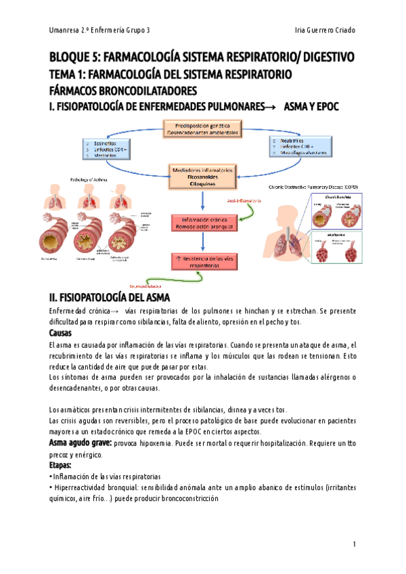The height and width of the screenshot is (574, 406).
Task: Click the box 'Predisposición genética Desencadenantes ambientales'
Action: click(x=201, y=129)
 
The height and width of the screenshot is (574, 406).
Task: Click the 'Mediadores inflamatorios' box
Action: click(x=202, y=176)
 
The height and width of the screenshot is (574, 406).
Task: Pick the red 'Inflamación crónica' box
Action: click(x=201, y=223)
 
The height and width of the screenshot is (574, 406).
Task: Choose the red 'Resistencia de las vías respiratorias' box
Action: click(x=200, y=263)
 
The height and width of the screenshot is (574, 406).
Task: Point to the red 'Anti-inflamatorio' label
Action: click(x=245, y=202)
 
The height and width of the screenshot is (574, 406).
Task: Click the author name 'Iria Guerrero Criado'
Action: click(x=325, y=30)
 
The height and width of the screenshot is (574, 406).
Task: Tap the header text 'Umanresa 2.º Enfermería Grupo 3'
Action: click(x=100, y=30)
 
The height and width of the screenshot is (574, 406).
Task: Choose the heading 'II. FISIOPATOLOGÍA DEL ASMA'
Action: click(x=114, y=297)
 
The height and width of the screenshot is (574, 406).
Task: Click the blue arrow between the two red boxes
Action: click(x=201, y=242)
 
